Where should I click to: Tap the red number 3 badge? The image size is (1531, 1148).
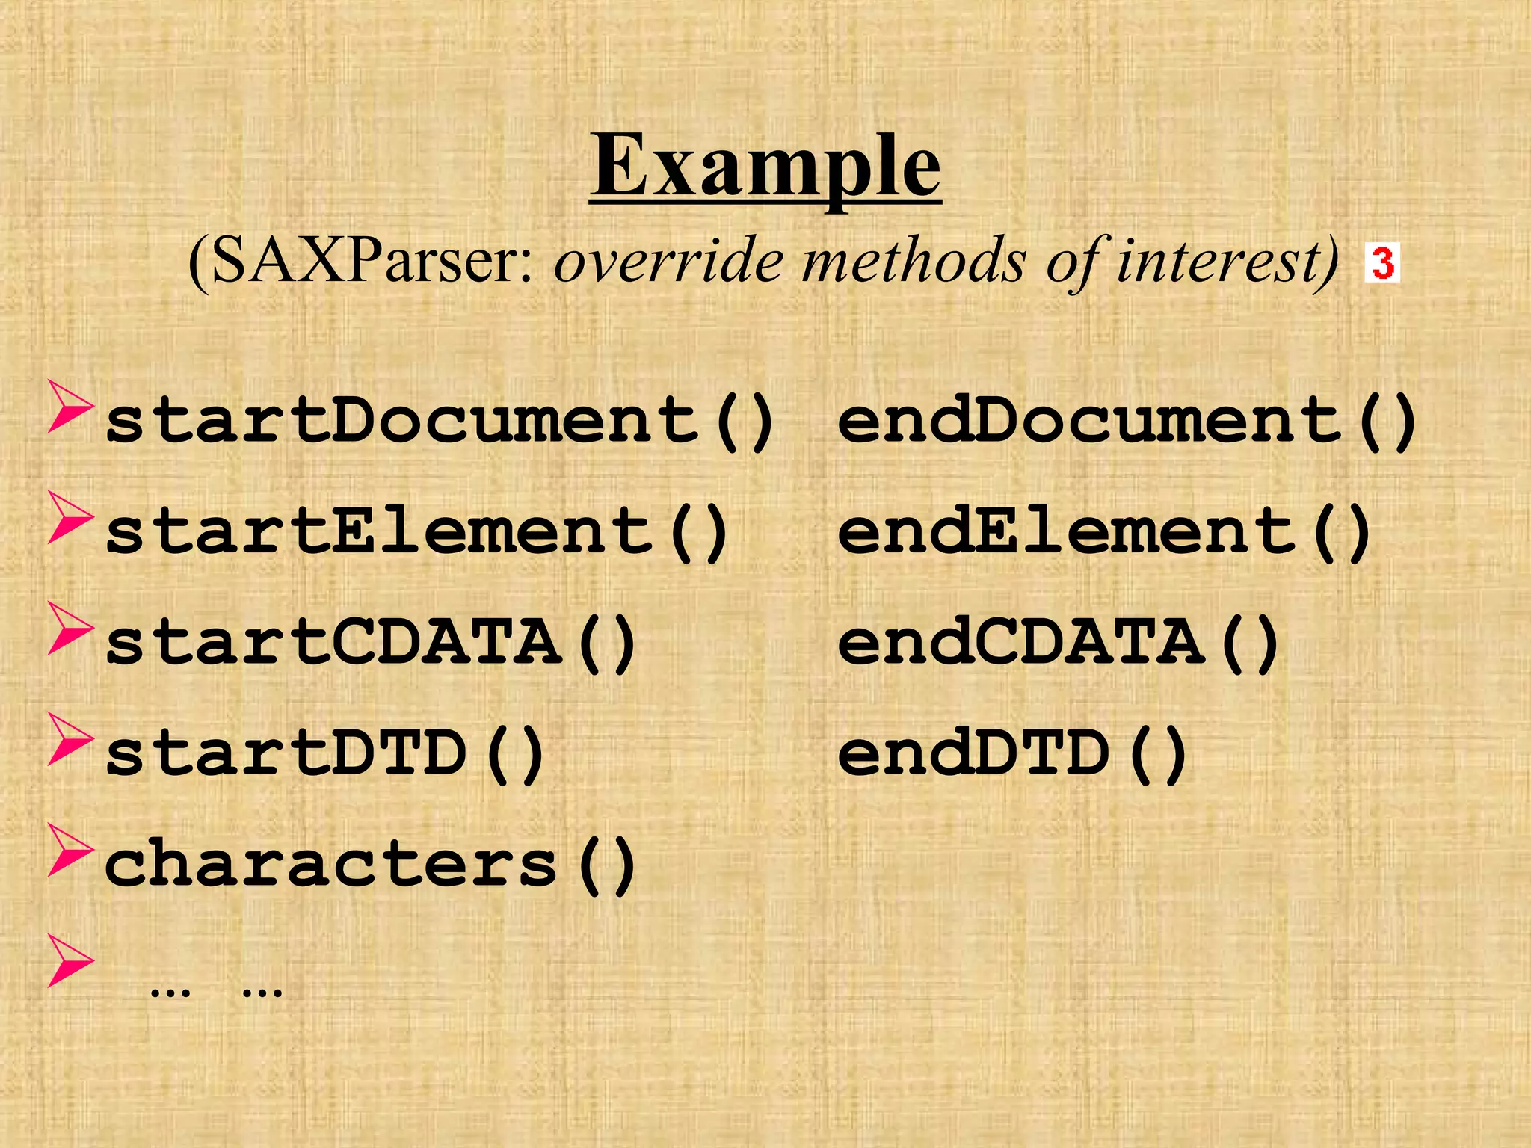pos(1382,262)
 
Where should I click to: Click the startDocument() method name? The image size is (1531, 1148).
pos(439,421)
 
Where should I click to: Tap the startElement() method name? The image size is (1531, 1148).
pos(416,531)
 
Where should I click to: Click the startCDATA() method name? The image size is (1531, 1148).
pos(370,643)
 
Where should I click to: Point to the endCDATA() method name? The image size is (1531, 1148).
pos(1058,643)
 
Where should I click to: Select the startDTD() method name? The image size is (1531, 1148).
pos(324,753)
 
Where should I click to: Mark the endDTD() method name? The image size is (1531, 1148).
pos(1012,753)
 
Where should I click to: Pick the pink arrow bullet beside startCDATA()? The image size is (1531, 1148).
pos(70,628)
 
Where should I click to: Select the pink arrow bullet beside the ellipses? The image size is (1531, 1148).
pos(70,960)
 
